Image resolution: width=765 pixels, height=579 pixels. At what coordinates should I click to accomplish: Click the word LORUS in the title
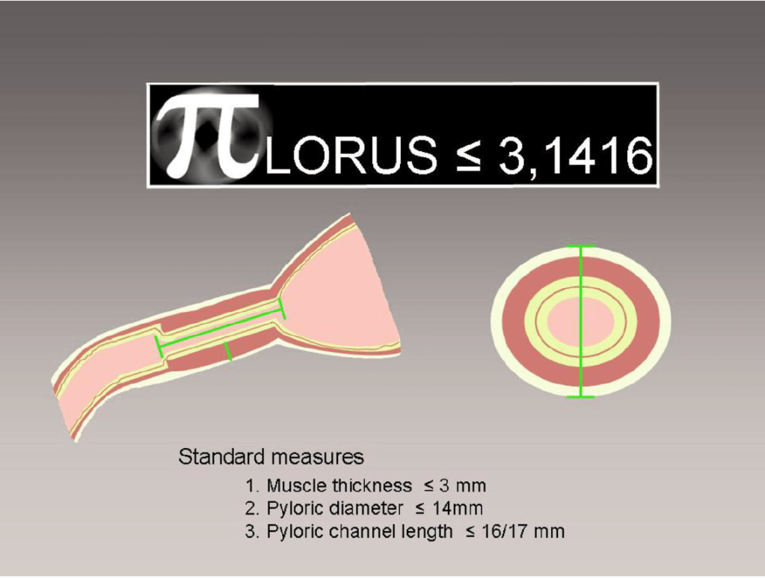coord(351,156)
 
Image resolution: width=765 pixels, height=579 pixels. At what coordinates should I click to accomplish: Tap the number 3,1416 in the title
coord(575,156)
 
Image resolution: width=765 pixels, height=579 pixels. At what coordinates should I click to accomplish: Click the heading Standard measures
coord(271,457)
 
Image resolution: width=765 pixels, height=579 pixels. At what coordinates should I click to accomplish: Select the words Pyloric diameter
coord(334,509)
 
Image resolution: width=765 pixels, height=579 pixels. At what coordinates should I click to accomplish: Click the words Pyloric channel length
coord(359,531)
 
